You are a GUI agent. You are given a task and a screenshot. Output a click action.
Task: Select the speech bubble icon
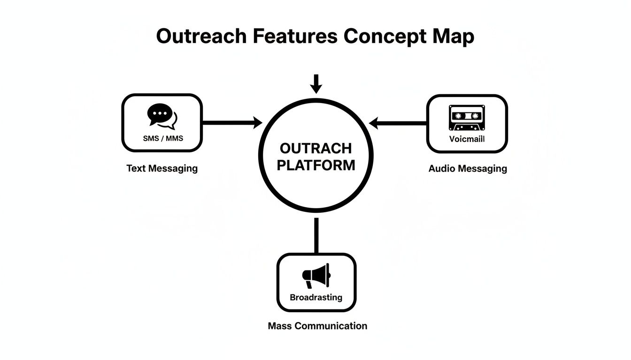click(162, 116)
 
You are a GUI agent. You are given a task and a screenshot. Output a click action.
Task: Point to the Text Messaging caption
click(162, 168)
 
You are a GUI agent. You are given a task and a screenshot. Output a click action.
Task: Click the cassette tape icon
click(467, 118)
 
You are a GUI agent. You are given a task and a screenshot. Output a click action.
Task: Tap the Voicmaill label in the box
click(467, 139)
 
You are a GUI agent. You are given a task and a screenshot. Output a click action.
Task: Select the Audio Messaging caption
click(468, 168)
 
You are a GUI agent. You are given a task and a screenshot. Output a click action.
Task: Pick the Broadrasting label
click(316, 297)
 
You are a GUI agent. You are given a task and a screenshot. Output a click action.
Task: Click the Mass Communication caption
click(317, 325)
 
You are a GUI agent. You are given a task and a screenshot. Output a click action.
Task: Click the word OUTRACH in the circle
click(315, 149)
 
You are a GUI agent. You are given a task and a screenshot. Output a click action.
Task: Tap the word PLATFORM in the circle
click(315, 165)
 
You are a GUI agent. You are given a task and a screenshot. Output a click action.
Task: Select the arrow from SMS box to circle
click(232, 123)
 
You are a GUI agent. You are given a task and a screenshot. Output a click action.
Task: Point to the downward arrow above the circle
click(316, 84)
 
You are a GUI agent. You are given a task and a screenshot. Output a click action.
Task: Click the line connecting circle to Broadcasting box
click(316, 236)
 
